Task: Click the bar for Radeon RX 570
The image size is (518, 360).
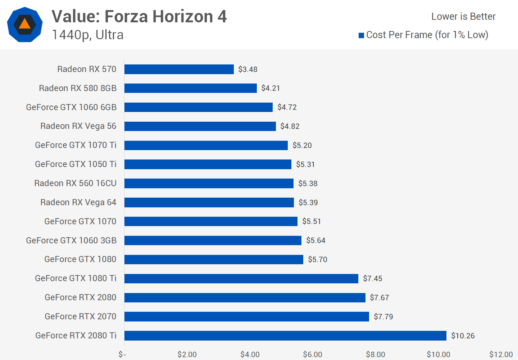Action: tap(179, 69)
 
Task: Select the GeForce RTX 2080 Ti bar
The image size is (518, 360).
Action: tap(285, 336)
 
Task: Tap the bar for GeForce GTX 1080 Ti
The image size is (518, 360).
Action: tap(241, 279)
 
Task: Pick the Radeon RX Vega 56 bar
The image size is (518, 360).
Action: tap(200, 126)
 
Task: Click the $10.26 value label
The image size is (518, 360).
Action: tap(463, 336)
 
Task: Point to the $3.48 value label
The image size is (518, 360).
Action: tap(247, 69)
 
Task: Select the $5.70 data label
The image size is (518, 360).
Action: tap(317, 260)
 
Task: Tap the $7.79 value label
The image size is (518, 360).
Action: tap(383, 317)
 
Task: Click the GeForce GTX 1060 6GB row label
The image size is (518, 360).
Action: tap(71, 107)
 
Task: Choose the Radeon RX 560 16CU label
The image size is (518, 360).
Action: tap(75, 183)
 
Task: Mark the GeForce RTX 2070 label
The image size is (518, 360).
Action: tap(80, 316)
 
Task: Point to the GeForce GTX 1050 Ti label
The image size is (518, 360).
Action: tap(76, 164)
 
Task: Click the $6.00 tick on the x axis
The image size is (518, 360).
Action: tap(312, 355)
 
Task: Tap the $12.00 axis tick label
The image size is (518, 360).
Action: tap(501, 355)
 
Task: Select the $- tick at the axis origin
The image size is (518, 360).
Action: tap(122, 355)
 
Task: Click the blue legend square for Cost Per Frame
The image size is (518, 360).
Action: tap(361, 35)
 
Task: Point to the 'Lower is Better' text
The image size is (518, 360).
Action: tap(463, 17)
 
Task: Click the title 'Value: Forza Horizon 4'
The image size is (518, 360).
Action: tap(139, 17)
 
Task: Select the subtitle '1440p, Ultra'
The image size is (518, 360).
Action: tap(88, 35)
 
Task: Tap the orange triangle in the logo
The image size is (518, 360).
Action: tap(24, 24)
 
